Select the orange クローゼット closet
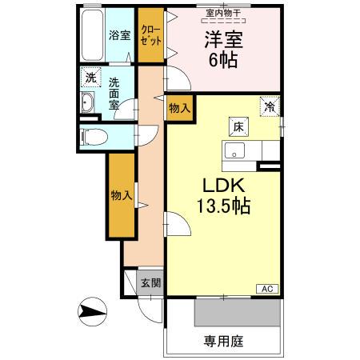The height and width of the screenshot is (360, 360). [149, 34]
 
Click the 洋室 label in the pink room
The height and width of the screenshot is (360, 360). [224, 38]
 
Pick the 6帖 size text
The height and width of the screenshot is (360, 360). [224, 61]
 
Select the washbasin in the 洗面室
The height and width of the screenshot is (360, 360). [88, 103]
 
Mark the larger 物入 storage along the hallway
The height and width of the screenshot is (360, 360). [122, 195]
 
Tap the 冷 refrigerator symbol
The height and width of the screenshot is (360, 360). [270, 105]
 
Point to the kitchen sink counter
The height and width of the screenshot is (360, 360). [240, 150]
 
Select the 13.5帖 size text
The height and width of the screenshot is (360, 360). [224, 206]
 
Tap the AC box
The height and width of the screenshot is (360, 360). [266, 289]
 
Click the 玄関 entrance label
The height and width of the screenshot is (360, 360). [150, 283]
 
